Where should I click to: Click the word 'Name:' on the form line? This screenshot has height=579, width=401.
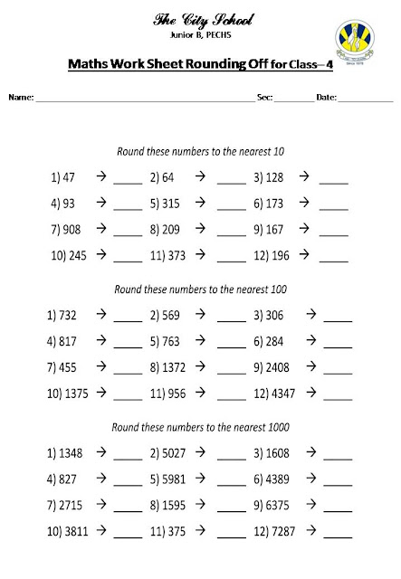tap(21, 96)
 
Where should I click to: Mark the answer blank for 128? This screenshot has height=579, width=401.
tap(334, 180)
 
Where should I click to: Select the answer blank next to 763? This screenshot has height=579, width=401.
tap(232, 345)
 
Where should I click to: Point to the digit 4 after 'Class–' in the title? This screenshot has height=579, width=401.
tap(329, 65)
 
